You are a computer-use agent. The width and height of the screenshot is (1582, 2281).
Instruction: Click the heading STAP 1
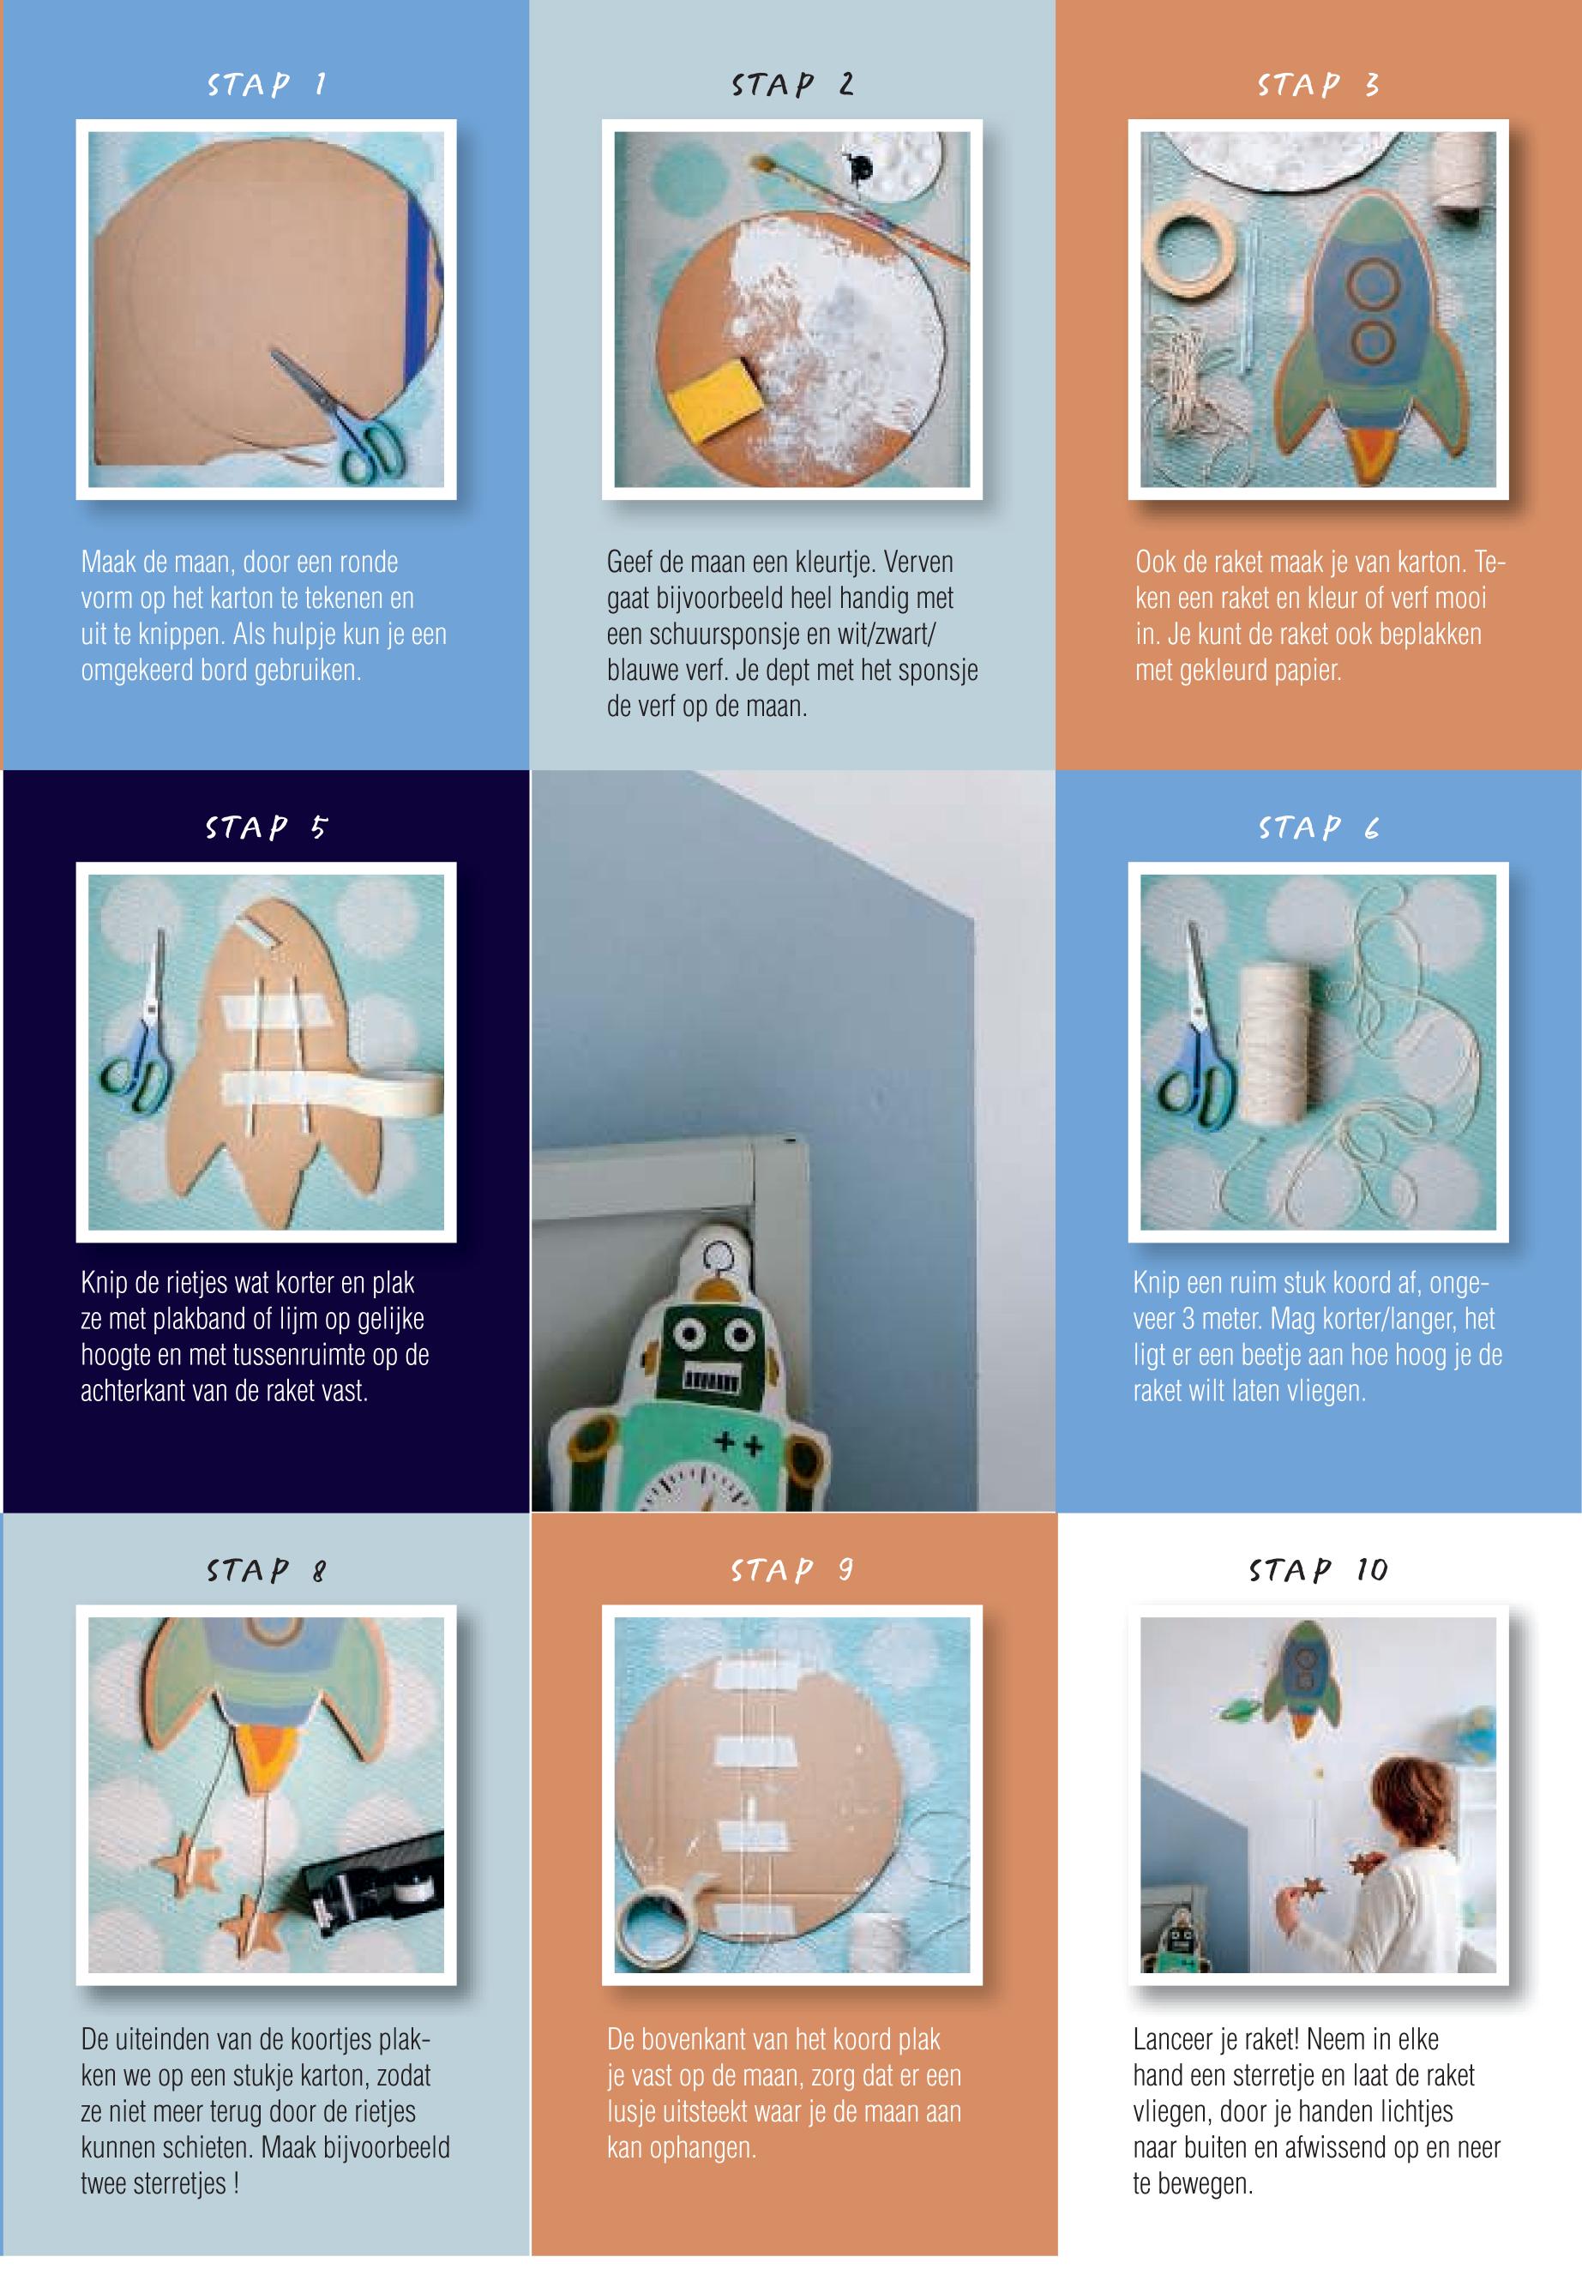pyautogui.click(x=267, y=84)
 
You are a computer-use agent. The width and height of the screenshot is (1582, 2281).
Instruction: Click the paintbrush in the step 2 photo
pyautogui.click(x=857, y=209)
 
